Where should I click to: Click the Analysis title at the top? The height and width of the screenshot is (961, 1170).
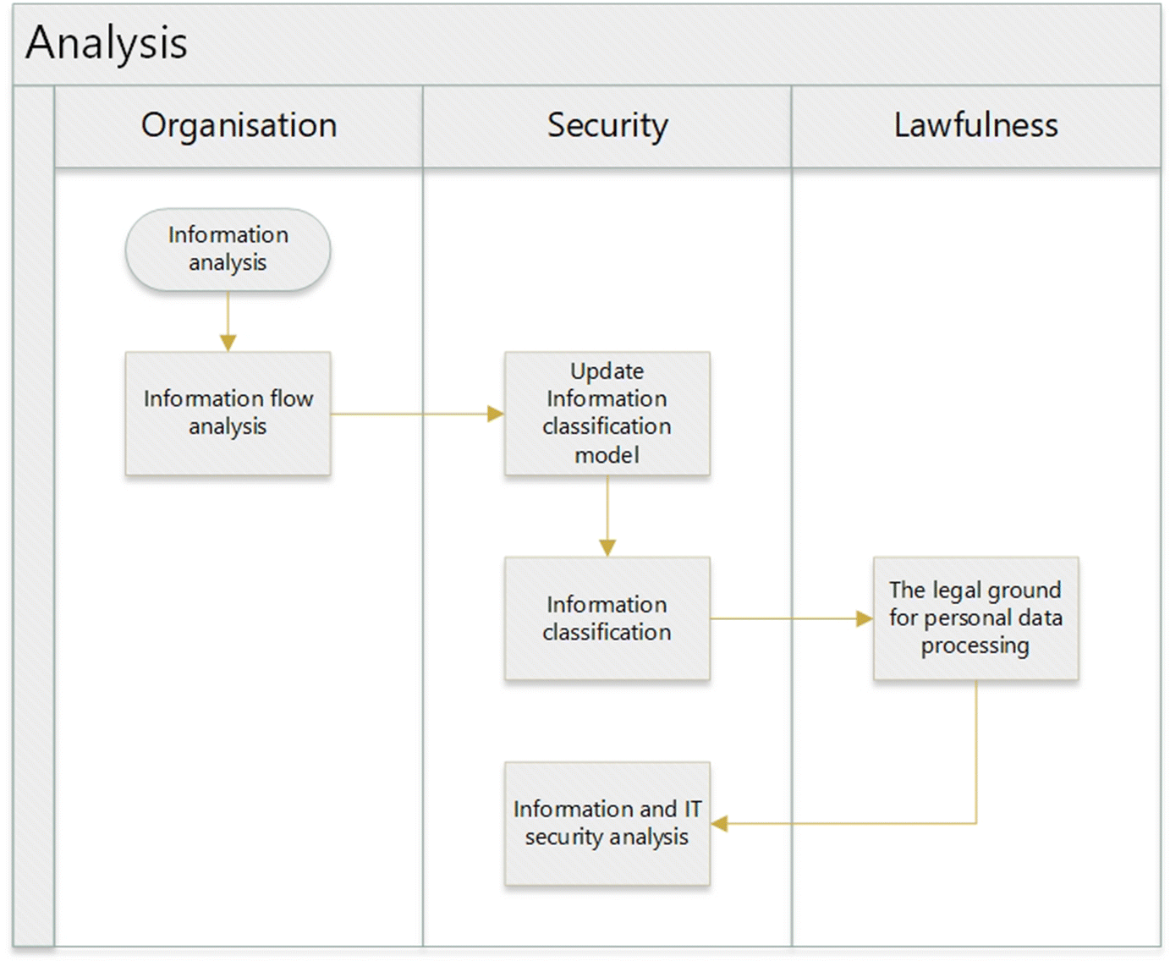click(107, 43)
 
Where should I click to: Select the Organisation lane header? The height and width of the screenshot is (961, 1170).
click(239, 125)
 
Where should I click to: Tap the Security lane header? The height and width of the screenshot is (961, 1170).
click(607, 125)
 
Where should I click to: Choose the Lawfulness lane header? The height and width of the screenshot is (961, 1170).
click(975, 125)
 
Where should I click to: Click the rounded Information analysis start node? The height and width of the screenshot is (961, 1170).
click(228, 250)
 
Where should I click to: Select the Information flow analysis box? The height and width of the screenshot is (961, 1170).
click(228, 413)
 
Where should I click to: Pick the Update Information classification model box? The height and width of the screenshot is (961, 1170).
click(607, 413)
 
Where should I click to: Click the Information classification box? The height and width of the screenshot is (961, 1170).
click(607, 618)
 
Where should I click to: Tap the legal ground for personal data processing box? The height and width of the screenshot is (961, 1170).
click(975, 618)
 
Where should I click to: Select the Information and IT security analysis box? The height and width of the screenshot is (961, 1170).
click(607, 823)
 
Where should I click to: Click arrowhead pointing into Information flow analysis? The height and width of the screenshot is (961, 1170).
click(228, 343)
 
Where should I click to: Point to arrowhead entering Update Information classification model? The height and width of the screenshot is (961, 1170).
click(496, 414)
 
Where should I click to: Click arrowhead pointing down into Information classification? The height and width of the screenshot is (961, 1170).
click(607, 548)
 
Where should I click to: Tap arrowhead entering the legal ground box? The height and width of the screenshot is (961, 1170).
click(865, 619)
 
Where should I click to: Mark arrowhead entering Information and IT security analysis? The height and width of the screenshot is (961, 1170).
click(719, 823)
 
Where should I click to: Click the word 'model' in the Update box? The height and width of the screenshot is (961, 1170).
click(607, 455)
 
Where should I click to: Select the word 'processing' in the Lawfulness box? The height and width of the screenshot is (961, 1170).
click(975, 645)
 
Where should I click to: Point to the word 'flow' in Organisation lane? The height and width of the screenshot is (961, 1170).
click(291, 398)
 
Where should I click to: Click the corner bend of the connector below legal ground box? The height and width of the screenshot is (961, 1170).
click(976, 823)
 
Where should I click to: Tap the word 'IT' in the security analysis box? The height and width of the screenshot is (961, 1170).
click(693, 809)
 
